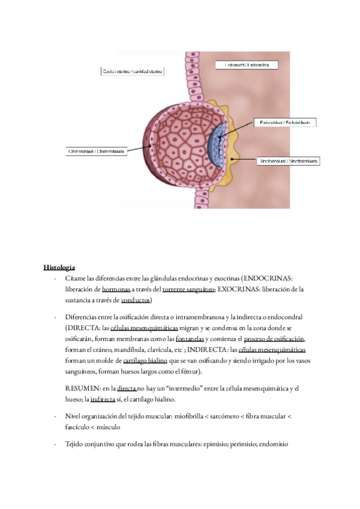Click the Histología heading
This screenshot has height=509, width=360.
(x=59, y=267)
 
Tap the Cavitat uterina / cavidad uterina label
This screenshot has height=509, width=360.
(x=132, y=71)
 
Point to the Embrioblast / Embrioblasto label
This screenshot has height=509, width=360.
(x=284, y=122)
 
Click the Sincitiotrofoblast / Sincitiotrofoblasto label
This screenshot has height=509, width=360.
(x=287, y=161)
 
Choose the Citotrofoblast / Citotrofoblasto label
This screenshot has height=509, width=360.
(x=95, y=152)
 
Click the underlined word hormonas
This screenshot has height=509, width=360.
(x=115, y=289)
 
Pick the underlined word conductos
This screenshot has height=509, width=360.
(x=136, y=300)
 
